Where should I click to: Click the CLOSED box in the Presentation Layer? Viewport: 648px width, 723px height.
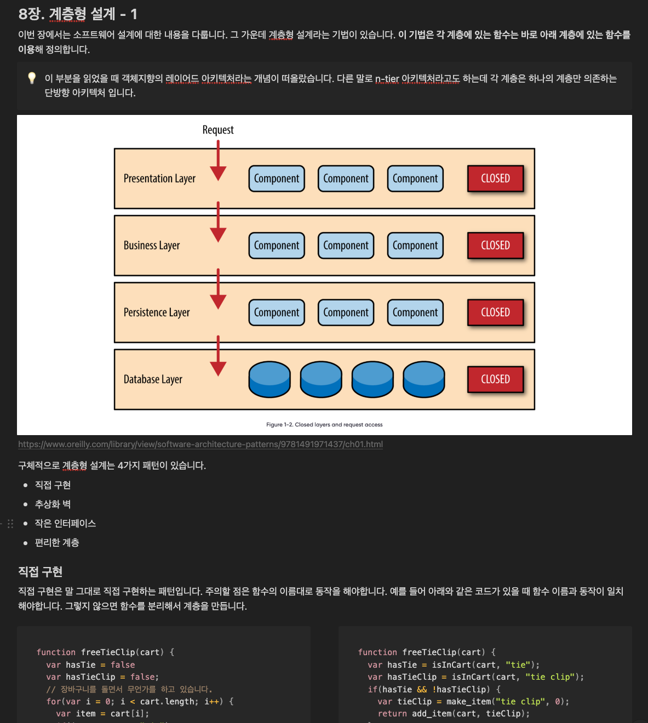point(495,178)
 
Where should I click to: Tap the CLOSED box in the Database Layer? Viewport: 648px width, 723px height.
point(495,379)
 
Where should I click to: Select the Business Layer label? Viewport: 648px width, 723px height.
point(152,245)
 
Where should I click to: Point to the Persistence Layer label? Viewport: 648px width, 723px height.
point(157,313)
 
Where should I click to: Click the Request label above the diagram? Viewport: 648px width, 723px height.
point(218,130)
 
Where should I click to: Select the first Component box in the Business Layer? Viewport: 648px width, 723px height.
point(277,246)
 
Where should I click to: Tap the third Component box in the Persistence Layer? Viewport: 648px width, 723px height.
point(415,313)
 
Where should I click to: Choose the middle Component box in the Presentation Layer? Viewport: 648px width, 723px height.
point(346,179)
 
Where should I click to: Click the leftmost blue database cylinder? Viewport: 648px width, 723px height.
point(269,379)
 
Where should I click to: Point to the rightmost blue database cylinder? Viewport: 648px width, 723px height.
point(423,379)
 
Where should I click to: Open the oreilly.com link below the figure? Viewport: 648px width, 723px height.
point(200,444)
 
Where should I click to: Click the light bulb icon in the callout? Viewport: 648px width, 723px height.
point(32,78)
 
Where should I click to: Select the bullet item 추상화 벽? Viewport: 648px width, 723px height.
point(53,504)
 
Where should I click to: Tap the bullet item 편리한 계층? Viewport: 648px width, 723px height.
point(57,542)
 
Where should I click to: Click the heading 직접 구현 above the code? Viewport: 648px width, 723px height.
point(41,572)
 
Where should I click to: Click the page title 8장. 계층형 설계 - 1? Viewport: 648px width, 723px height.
point(78,14)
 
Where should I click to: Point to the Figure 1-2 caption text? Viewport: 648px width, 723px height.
point(324,425)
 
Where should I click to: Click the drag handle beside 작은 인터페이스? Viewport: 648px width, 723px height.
point(10,524)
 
